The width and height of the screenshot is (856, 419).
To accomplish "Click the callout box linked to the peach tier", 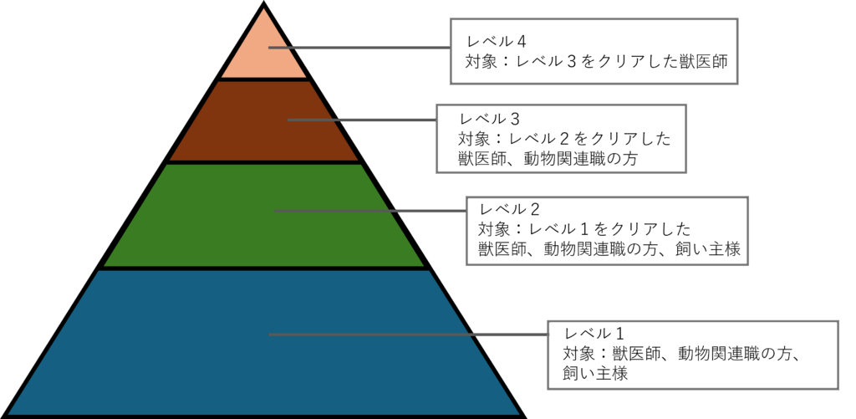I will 594,52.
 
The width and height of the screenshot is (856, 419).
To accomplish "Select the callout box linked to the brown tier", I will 562,138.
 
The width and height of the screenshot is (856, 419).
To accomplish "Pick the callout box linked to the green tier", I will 607,231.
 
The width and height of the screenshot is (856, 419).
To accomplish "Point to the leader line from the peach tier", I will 359,48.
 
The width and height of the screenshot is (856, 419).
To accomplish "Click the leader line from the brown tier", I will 361,120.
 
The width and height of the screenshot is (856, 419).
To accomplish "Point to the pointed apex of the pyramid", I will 264,9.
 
